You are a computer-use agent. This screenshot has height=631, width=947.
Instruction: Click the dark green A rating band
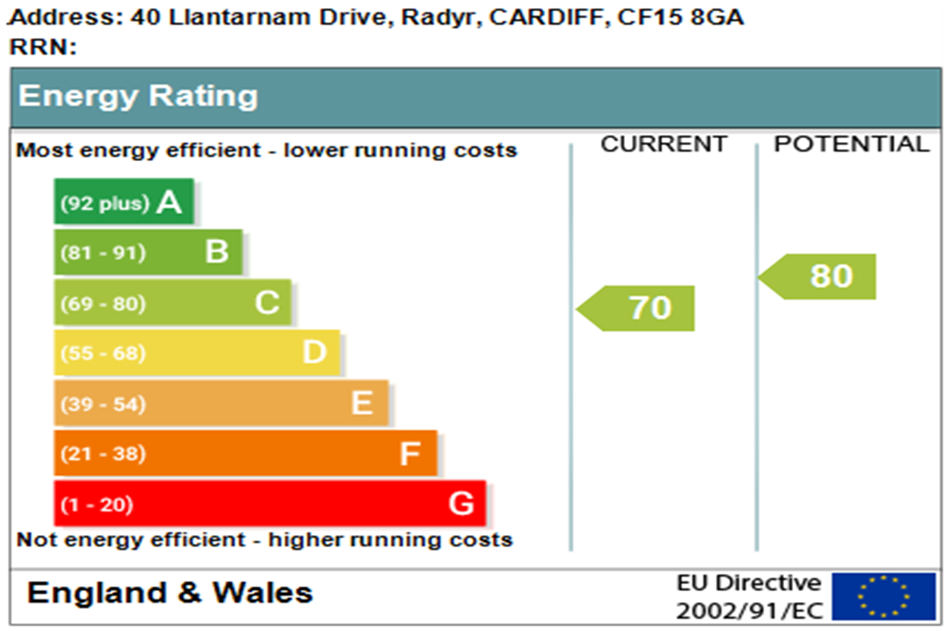tap(124, 202)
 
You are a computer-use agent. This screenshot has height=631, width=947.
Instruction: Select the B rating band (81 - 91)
tap(148, 252)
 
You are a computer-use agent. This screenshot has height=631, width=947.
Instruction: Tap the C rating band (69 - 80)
tap(172, 303)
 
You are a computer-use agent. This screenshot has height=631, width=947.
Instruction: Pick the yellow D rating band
tap(197, 353)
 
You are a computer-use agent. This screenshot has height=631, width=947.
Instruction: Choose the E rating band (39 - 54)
tap(221, 403)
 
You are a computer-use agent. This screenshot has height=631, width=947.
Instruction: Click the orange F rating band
tap(246, 453)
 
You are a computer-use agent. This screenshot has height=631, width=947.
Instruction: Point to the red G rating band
tap(270, 504)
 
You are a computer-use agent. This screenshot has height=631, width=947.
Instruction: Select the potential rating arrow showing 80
tap(819, 276)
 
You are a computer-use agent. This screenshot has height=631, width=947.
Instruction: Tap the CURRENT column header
tap(664, 144)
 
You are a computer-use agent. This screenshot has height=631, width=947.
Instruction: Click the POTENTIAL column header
tap(852, 144)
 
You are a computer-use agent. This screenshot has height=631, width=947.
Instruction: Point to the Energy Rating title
tap(138, 97)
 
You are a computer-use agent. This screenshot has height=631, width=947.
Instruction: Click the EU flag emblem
tap(883, 597)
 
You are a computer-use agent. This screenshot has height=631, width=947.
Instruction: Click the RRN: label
tap(43, 47)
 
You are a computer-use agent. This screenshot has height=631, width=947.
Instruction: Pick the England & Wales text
tap(170, 593)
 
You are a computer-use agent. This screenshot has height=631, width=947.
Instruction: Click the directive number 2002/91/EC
tap(749, 611)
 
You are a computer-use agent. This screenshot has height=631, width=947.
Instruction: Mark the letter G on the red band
tap(461, 504)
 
